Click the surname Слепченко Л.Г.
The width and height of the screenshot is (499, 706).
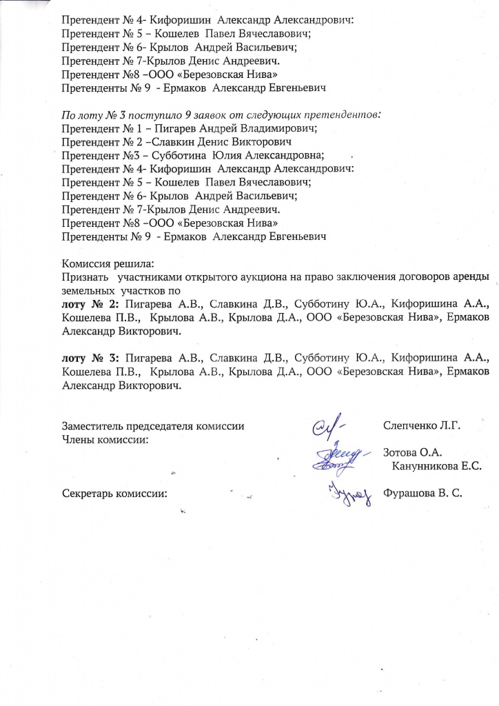(420, 425)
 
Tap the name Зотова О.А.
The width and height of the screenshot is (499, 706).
(411, 452)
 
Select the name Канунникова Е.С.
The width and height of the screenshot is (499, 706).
(436, 466)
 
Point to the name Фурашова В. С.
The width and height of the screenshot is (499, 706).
(422, 493)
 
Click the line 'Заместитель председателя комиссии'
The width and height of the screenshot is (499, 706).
(153, 425)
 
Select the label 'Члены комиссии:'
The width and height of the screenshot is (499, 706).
(105, 439)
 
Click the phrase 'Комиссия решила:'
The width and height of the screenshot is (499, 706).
(108, 264)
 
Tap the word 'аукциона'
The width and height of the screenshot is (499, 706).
(237, 277)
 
